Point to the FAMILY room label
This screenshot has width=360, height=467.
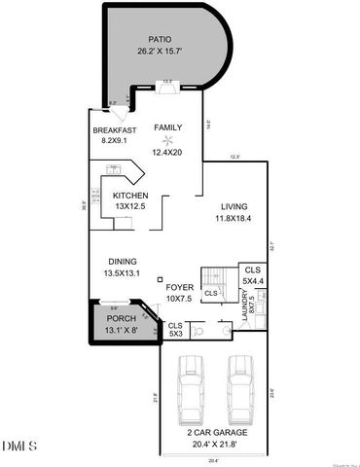click(x=167, y=127)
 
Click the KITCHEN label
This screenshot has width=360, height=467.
click(x=129, y=195)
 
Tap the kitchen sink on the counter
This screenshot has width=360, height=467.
click(x=115, y=169)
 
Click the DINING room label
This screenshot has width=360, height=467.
click(x=122, y=262)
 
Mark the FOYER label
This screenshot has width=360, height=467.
click(x=179, y=287)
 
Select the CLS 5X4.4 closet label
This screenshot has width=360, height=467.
click(x=252, y=274)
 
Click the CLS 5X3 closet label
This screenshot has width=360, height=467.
click(x=175, y=329)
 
